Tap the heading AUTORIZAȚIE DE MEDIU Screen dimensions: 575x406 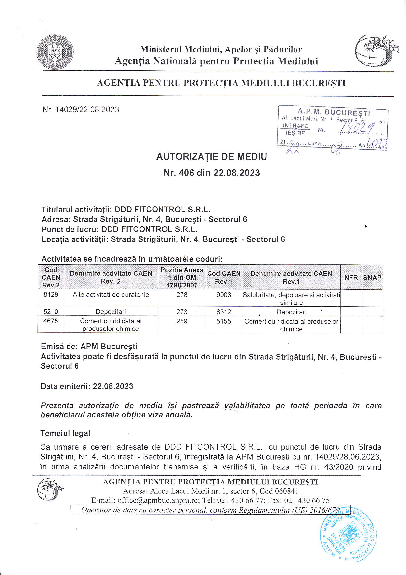[x=212, y=157]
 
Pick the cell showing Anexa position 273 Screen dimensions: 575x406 [x=182, y=312]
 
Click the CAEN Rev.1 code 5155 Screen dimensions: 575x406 [x=224, y=321]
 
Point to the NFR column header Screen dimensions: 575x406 [x=351, y=277]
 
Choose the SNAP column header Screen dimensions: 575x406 [x=372, y=277]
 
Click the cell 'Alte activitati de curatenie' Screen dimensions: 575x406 [x=111, y=295]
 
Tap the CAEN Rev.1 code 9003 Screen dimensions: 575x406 [x=224, y=295]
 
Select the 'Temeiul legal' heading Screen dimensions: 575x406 [x=65, y=433]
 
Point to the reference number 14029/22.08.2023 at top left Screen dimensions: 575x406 [x=81, y=110]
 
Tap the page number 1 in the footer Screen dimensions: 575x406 [x=211, y=519]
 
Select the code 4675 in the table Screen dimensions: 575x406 [x=51, y=321]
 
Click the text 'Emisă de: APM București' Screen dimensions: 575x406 [x=89, y=346]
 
